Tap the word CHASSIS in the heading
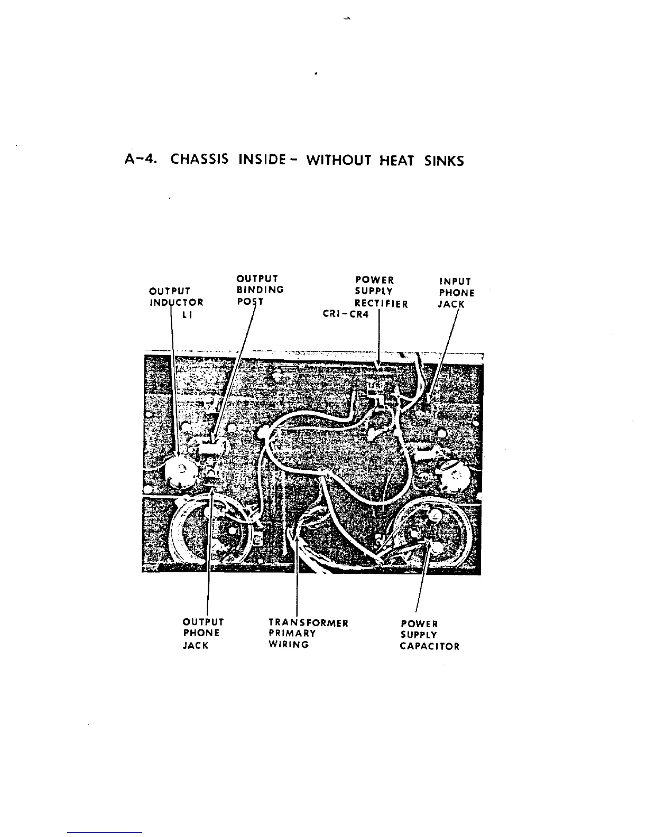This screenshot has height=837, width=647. click(199, 160)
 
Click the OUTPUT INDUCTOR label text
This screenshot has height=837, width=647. click(176, 297)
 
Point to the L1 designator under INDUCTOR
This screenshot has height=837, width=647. click(187, 315)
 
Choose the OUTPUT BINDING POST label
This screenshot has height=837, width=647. click(260, 290)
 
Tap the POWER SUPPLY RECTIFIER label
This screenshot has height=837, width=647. click(381, 292)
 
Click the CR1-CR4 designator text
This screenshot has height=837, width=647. click(346, 314)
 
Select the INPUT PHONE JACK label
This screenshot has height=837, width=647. click(456, 293)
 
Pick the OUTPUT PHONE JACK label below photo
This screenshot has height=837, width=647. click(202, 634)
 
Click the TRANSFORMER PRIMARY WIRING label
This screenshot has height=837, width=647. click(308, 634)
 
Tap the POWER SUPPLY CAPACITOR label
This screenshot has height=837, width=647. click(429, 635)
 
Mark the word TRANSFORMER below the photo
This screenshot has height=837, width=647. click(308, 622)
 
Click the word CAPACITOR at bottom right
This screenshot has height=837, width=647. click(429, 646)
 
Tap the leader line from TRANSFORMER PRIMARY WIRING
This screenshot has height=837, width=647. click(297, 581)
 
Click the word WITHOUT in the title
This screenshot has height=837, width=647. click(338, 160)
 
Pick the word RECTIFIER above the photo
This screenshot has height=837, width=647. click(381, 303)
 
